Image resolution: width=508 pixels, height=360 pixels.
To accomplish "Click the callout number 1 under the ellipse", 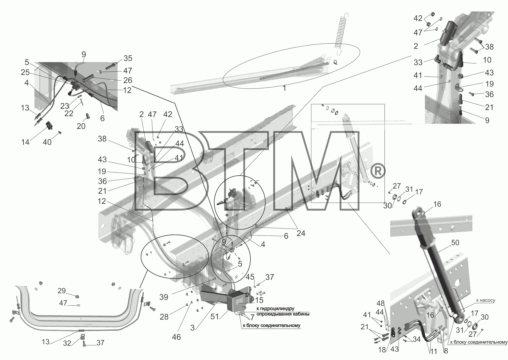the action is click(284, 88).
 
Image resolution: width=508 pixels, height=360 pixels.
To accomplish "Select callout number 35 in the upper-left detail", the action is click(128, 58).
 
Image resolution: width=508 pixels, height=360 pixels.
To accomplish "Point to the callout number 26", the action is click(128, 80).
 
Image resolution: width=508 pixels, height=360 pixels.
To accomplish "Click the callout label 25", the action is click(25, 73).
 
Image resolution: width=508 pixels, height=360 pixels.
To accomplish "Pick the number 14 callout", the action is click(25, 142).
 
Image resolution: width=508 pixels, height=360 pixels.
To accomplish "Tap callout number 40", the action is click(47, 142).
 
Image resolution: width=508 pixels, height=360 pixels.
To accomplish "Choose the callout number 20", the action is click(81, 126).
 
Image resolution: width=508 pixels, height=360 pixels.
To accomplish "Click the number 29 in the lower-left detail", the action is click(62, 291).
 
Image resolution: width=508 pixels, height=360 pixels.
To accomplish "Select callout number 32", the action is click(67, 343).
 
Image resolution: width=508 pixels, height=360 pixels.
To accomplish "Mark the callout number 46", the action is click(176, 337).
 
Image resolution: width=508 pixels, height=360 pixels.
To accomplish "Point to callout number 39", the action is click(164, 297).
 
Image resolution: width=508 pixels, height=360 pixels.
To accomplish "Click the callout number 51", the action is click(214, 316).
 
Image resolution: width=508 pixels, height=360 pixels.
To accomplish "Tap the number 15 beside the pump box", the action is click(259, 300).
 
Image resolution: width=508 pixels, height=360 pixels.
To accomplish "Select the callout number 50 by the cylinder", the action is click(455, 243).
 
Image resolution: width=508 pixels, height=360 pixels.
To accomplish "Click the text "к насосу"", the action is click(486, 300).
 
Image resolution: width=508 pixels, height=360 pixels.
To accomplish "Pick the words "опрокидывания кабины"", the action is click(283, 314).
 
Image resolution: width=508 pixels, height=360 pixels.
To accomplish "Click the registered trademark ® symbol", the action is click(377, 172).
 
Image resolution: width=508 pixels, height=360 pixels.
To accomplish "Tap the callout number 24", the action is click(301, 233).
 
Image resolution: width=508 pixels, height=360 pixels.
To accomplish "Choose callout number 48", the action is click(381, 303).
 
